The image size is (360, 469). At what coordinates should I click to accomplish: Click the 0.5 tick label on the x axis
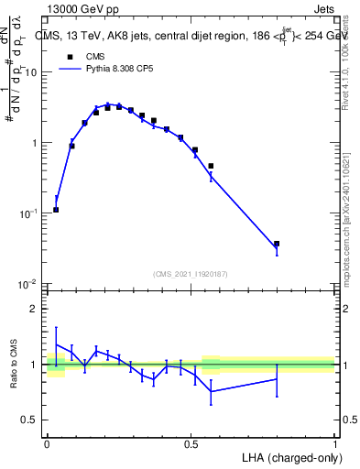tap(191, 443)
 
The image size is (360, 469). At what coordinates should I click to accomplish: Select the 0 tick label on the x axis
tap(47, 443)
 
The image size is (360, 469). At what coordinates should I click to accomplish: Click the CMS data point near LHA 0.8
tap(277, 244)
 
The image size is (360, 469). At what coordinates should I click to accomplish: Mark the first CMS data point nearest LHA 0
tap(56, 210)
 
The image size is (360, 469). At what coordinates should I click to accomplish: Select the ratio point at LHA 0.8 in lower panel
tap(277, 379)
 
